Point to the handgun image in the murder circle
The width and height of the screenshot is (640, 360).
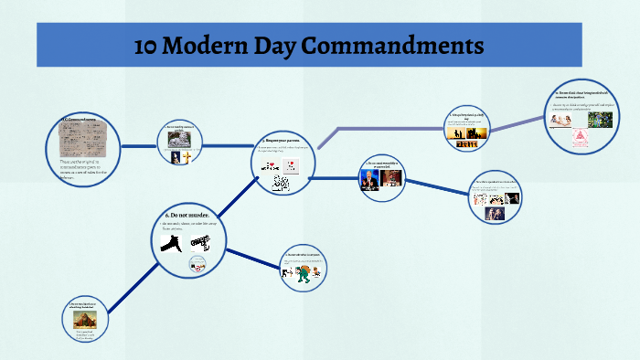pyautogui.click(x=200, y=242)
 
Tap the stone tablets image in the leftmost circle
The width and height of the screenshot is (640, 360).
pyautogui.click(x=80, y=141)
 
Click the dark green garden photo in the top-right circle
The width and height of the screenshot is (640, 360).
pyautogui.click(x=600, y=118)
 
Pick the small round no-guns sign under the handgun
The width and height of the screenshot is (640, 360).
pyautogui.click(x=197, y=264)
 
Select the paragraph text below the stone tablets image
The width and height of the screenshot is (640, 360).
pyautogui.click(x=80, y=169)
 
